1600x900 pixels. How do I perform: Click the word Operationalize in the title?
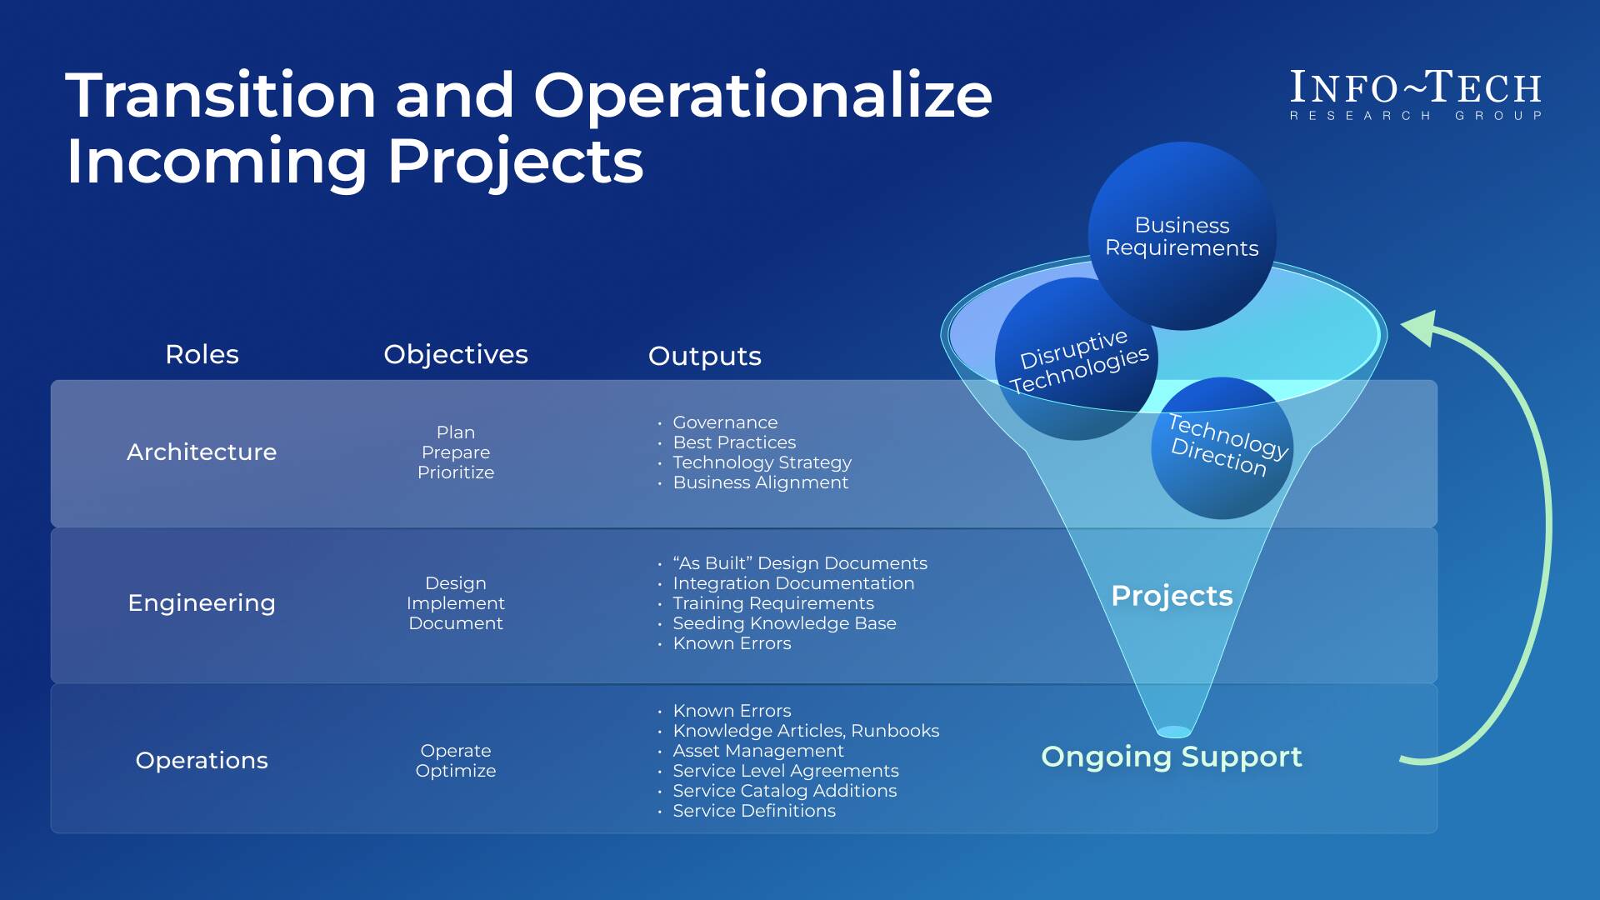(762, 95)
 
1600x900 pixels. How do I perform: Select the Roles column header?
(202, 354)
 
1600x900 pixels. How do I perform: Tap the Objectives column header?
(455, 354)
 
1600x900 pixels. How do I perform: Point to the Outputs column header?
(704, 356)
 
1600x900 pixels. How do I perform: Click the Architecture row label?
(202, 452)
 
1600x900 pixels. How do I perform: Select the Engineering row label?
(202, 602)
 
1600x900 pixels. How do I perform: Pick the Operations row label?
(202, 760)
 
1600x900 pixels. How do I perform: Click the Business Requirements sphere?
(1182, 236)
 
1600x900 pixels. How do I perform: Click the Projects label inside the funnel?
(1172, 596)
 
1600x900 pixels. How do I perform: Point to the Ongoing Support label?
(1171, 757)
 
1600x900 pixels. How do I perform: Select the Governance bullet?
(725, 422)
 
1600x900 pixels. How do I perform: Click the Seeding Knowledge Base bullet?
(784, 623)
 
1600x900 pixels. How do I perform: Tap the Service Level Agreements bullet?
(785, 771)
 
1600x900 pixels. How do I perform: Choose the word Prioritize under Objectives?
(455, 472)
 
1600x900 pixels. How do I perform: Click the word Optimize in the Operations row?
(455, 771)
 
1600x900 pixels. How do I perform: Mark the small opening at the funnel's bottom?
(1174, 732)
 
